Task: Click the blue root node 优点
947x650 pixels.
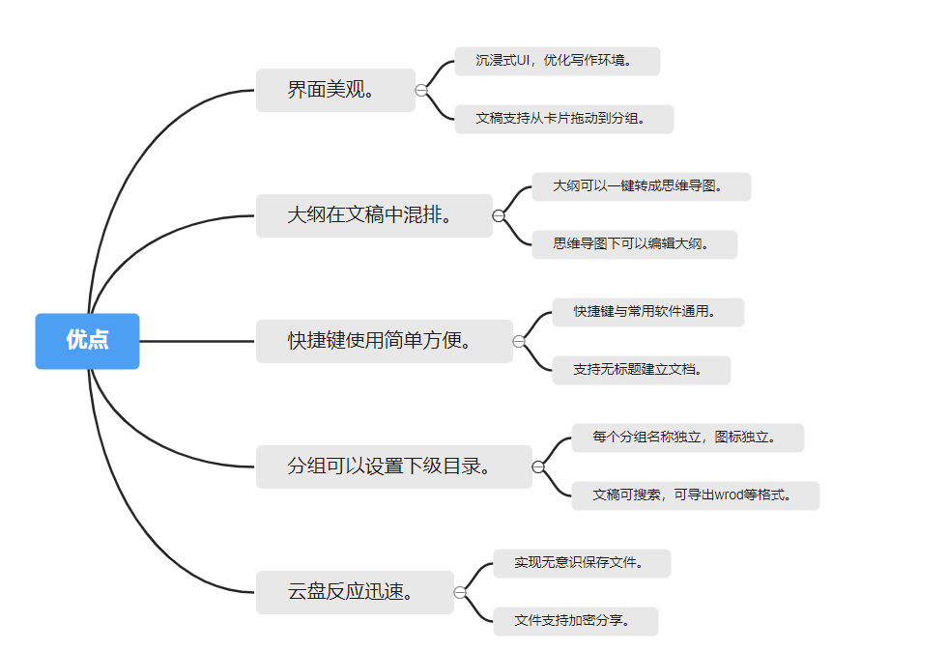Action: coord(87,341)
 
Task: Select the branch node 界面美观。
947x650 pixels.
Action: coord(335,91)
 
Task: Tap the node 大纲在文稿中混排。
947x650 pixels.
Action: coord(374,215)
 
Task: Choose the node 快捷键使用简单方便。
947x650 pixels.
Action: coord(384,341)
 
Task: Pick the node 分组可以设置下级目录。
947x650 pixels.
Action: coord(393,466)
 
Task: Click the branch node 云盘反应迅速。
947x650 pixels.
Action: coord(355,592)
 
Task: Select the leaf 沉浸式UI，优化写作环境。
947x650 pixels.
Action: coord(557,61)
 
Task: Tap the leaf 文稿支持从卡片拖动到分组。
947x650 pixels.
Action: coord(563,119)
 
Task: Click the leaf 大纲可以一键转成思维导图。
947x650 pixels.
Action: coord(641,186)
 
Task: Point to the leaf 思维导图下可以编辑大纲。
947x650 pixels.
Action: coord(634,244)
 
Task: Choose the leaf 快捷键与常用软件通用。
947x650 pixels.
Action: coord(647,312)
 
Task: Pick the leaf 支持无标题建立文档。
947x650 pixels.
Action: coord(641,370)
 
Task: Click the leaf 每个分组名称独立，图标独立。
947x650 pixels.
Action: coord(687,438)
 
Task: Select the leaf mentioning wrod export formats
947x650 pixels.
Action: coord(695,495)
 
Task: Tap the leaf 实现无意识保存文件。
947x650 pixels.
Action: coord(582,563)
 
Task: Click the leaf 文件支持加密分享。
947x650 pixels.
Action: coord(575,621)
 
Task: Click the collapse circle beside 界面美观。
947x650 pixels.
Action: coord(421,91)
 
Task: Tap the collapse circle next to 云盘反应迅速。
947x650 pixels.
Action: coord(460,592)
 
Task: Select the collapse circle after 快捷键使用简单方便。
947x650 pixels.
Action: coord(519,341)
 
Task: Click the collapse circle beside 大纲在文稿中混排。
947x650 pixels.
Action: coord(499,215)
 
